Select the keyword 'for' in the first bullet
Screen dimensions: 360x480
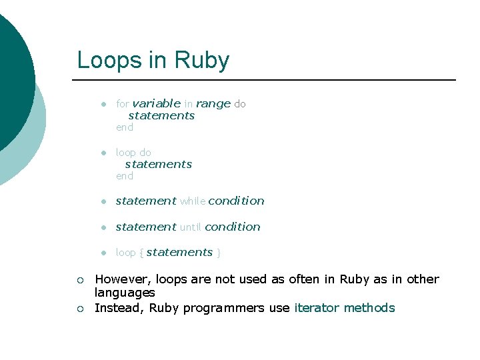122,104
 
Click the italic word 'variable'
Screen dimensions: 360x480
156,103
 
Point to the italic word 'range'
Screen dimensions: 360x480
213,103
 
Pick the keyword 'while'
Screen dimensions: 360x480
193,201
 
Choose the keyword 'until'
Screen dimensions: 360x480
191,227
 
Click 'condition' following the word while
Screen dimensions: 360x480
237,201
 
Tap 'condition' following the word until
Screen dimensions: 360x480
233,227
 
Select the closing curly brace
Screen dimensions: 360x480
219,253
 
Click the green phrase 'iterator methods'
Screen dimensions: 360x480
345,308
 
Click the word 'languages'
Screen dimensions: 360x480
125,293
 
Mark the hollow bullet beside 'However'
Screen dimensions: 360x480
79,280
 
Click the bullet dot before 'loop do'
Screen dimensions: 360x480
103,153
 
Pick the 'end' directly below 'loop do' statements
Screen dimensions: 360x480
125,176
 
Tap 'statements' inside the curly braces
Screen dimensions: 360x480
179,252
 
